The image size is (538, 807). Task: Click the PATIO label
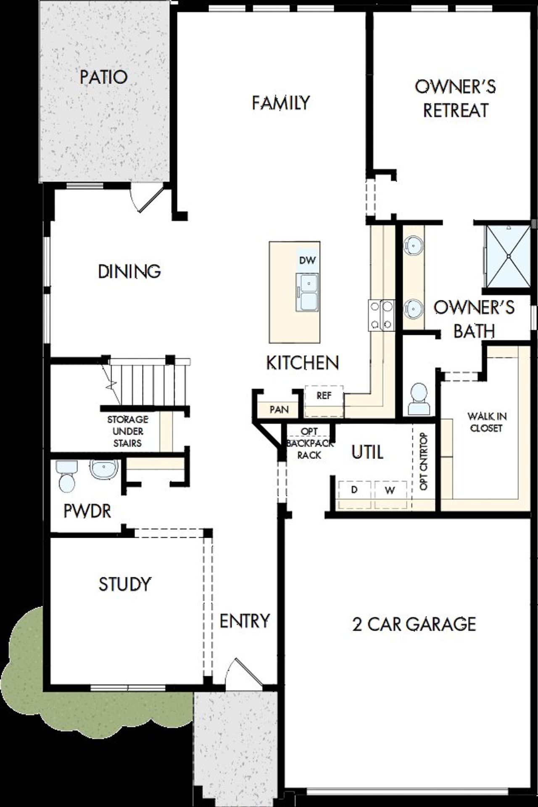pyautogui.click(x=103, y=77)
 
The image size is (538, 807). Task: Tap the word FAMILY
pyautogui.click(x=281, y=103)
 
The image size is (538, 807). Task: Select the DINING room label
pyautogui.click(x=129, y=271)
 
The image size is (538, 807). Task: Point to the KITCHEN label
pyautogui.click(x=303, y=363)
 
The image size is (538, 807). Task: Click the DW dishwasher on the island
pyautogui.click(x=307, y=260)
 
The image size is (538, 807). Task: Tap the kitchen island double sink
pyautogui.click(x=307, y=292)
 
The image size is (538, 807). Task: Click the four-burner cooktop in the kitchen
pyautogui.click(x=381, y=315)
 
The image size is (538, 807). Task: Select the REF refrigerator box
pyautogui.click(x=324, y=396)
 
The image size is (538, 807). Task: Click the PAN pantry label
pyautogui.click(x=279, y=409)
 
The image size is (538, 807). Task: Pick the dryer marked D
pyautogui.click(x=354, y=490)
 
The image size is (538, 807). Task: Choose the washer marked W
pyautogui.click(x=390, y=490)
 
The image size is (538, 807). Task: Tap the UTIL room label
pyautogui.click(x=367, y=452)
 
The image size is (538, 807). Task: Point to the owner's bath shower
pyautogui.click(x=508, y=256)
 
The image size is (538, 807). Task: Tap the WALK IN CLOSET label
pyautogui.click(x=487, y=422)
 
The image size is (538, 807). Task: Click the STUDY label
pyautogui.click(x=124, y=584)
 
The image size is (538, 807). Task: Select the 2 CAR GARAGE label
pyautogui.click(x=414, y=624)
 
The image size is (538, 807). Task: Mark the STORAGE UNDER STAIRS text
pyautogui.click(x=128, y=431)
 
